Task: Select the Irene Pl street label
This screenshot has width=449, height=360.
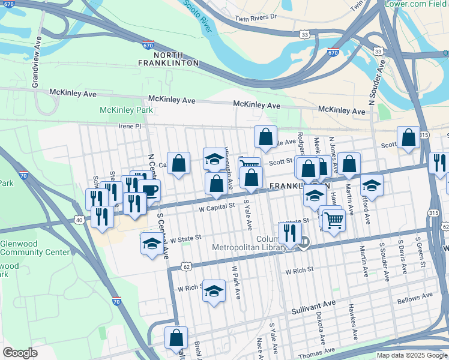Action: (130, 127)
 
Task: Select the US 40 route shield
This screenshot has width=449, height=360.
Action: (79, 220)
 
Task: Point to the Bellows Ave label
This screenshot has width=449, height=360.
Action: (414, 296)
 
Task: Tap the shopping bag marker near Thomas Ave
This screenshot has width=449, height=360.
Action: (176, 338)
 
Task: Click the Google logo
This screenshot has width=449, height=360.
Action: (20, 353)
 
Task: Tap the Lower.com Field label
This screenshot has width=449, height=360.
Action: (414, 4)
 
